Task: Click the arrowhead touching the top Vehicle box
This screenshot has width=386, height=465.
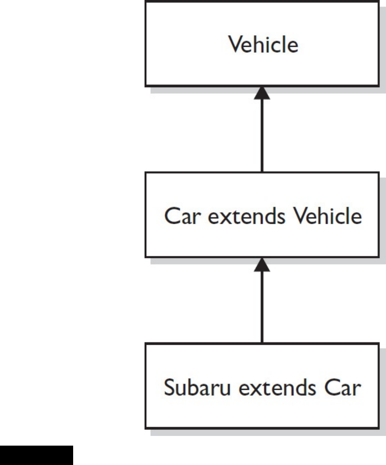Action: pyautogui.click(x=262, y=92)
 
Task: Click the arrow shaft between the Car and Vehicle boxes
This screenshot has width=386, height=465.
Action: pyautogui.click(x=262, y=137)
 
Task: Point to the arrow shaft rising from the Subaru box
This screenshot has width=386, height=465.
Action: pyautogui.click(x=262, y=308)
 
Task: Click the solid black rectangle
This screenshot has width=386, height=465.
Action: pyautogui.click(x=36, y=455)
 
